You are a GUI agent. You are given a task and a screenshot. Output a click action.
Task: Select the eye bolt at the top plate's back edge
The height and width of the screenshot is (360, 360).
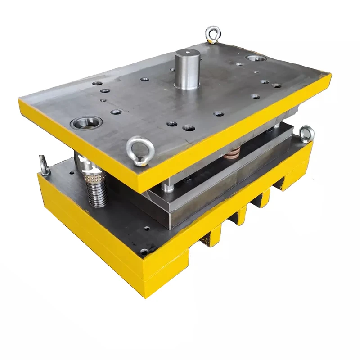coord(212,34)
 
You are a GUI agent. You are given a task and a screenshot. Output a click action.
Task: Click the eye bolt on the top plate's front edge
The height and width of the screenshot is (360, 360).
coord(140,149)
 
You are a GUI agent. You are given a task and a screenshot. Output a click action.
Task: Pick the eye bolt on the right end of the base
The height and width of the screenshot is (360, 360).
coord(306,134)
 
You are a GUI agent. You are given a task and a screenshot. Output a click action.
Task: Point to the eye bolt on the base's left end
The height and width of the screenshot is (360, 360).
coord(44,164)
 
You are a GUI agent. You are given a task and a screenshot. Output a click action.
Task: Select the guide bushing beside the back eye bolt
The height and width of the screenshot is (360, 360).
coord(256,58)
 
